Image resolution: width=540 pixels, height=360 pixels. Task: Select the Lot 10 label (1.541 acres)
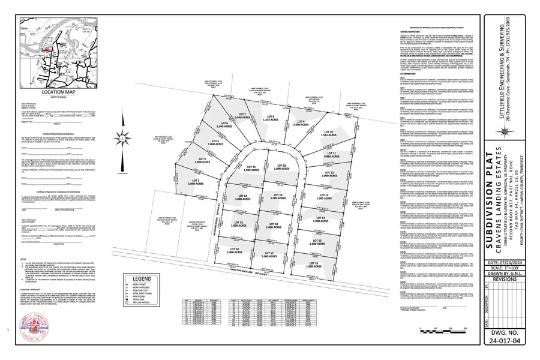point(327,133)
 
